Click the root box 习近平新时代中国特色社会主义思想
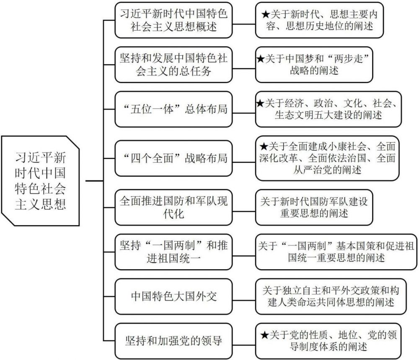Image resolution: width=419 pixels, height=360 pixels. coord(40,181)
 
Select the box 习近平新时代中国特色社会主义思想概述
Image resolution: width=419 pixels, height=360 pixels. coord(173,20)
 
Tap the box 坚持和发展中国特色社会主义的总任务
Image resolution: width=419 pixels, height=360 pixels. coord(173,64)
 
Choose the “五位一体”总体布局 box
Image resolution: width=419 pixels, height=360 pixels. coord(173,109)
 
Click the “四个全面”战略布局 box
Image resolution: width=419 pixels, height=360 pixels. coord(173,158)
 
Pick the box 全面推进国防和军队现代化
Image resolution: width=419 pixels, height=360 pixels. coord(173,208)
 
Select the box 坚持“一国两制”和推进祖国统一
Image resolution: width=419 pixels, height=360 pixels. coord(173,252)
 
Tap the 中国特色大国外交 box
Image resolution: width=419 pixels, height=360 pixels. coord(173,296)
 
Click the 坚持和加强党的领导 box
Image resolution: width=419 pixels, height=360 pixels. coord(173,341)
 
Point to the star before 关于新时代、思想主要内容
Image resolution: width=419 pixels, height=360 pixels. coord(266,14)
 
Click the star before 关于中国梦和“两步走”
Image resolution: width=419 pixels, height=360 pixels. coord(260,59)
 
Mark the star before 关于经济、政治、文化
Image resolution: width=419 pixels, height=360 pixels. coord(260,103)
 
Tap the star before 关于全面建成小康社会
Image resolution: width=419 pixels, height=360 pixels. coord(264,146)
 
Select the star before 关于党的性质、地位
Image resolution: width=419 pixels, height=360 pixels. coord(264,335)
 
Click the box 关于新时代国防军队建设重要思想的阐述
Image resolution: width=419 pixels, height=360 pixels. coord(314,208)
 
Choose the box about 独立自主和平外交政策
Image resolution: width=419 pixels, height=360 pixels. coord(331,296)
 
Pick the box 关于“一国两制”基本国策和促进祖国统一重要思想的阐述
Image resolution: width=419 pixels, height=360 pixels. coord(336,252)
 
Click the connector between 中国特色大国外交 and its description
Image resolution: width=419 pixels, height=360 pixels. coord(244,301)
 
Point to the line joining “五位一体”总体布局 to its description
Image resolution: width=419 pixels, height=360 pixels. coord(244,113)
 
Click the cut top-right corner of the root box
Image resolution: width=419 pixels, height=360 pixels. coord(72,142)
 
